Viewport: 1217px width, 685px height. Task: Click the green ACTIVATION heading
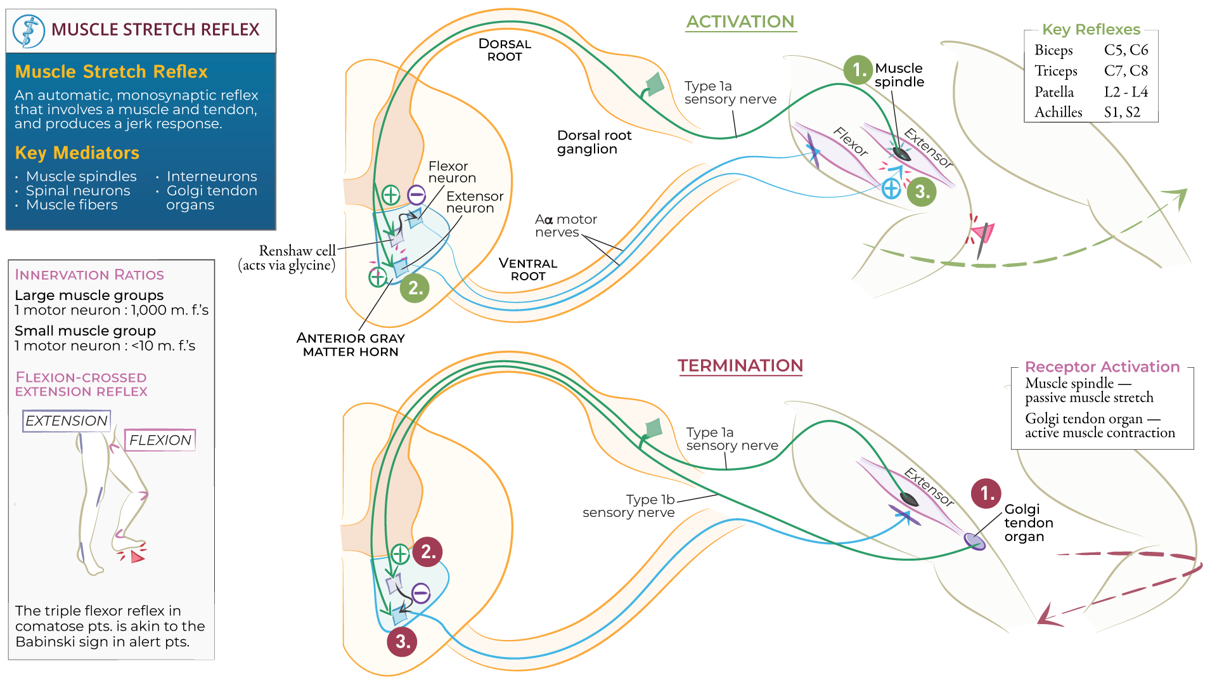pos(740,22)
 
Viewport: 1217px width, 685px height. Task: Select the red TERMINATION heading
pos(740,366)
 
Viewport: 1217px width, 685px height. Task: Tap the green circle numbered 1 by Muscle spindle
pos(858,69)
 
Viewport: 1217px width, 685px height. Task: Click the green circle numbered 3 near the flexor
pos(922,192)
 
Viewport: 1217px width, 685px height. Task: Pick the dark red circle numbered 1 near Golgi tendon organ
pos(986,493)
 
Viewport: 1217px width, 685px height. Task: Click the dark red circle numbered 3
pos(402,641)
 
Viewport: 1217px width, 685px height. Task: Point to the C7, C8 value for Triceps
pos(1126,71)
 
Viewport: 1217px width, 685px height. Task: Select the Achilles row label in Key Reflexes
pos(1058,112)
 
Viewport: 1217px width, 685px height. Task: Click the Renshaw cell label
pos(297,251)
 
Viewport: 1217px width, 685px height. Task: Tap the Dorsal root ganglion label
pos(594,142)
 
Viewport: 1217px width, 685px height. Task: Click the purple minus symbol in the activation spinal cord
pos(416,195)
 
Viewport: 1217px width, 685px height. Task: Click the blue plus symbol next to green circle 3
pos(891,188)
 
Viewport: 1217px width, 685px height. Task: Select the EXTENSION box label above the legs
pos(67,421)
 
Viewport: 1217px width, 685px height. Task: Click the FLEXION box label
pos(160,440)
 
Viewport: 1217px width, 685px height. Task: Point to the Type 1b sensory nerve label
pos(629,506)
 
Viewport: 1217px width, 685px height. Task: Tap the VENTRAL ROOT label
pos(527,270)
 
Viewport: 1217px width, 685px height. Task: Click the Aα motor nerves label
pos(565,226)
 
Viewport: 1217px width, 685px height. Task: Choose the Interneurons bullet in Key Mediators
pos(211,176)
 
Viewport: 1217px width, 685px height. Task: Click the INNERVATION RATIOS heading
pos(89,275)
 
